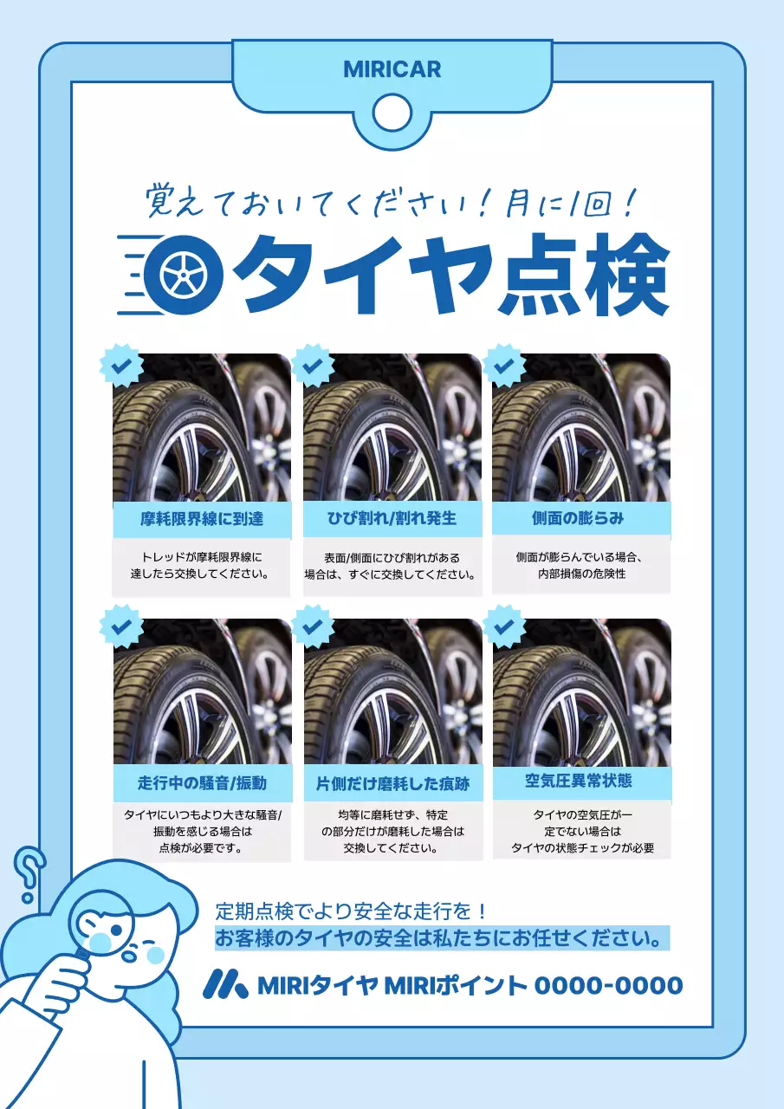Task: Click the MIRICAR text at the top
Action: pos(392,69)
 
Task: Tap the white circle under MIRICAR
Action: pos(392,110)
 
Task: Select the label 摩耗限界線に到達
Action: pos(202,520)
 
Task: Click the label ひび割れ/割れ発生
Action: pos(392,519)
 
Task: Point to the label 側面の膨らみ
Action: pos(578,518)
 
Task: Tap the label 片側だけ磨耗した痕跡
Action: pos(392,784)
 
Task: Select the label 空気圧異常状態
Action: pos(579,781)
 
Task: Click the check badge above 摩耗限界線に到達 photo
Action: pos(121,366)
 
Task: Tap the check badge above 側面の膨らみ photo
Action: pos(504,366)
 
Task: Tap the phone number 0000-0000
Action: pos(608,985)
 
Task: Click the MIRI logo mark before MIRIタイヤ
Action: pos(225,983)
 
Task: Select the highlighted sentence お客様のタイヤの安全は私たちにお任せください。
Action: pos(442,938)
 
